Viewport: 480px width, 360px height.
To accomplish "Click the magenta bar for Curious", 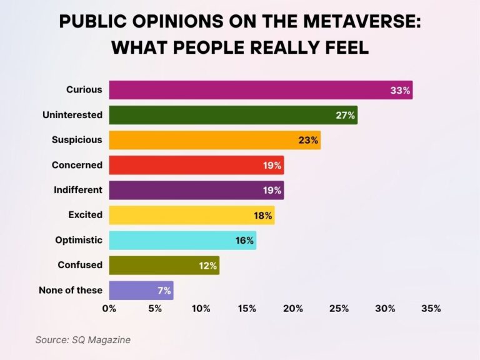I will coord(250,90).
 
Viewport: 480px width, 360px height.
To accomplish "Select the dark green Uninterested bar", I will coord(225,115).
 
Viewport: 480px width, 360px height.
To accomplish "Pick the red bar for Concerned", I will coord(187,165).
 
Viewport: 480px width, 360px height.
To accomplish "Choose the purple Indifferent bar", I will coord(187,190).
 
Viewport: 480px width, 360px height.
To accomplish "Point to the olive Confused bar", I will coord(156,265).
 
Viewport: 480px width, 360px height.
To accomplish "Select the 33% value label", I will coord(400,90).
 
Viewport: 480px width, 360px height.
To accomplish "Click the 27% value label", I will coord(345,115).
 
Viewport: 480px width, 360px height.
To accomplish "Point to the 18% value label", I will coord(262,215).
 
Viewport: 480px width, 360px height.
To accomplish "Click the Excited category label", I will coord(85,215).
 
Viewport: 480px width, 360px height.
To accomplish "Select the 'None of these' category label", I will coord(70,290).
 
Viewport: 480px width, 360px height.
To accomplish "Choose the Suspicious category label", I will coord(77,140).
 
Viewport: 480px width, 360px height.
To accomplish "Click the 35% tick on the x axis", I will coord(431,308).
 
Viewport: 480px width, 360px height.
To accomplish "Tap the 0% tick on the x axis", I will coord(109,308).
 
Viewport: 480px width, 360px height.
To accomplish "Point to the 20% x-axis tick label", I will coord(292,308).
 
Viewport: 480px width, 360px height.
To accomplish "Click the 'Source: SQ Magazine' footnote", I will coord(82,339).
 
